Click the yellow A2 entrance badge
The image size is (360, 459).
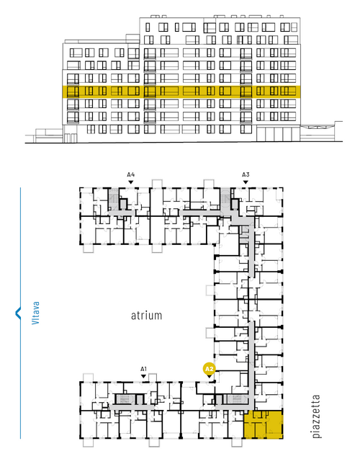[209, 369]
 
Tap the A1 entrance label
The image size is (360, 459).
[143, 369]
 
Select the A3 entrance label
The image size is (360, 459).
[246, 174]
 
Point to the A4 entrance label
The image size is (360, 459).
[131, 174]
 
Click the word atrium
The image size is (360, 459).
[146, 316]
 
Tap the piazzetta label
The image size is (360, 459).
[316, 416]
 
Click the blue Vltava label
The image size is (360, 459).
[35, 313]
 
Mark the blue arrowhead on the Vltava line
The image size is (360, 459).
[18, 313]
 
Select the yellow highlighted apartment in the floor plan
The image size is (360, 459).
[264, 424]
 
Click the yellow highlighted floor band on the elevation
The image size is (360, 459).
[181, 92]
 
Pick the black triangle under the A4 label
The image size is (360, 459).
[131, 182]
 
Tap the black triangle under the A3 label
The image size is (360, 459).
[246, 182]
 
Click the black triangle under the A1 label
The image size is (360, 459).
[143, 376]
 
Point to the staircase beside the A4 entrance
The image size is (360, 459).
[113, 199]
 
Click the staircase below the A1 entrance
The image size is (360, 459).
[125, 399]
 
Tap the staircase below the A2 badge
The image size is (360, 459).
[238, 399]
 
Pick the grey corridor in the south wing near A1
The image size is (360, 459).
[132, 407]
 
